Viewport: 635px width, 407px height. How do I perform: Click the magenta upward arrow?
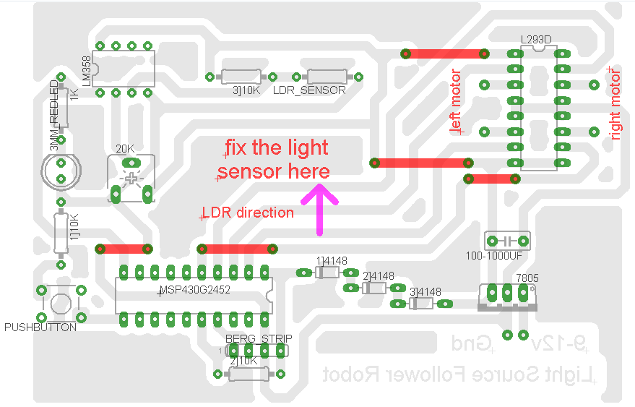click(319, 209)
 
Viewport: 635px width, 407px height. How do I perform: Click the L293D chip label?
click(535, 40)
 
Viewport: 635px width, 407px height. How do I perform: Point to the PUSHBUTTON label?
click(40, 327)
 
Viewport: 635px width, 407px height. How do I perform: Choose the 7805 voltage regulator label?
click(527, 278)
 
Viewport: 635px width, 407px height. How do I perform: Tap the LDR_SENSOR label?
click(309, 91)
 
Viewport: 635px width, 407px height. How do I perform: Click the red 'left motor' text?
click(455, 101)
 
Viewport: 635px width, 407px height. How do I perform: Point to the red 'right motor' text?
click(615, 103)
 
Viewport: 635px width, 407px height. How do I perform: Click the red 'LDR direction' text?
click(248, 213)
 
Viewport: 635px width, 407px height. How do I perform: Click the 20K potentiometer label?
click(125, 149)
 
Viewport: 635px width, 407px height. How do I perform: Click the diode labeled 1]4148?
click(327, 272)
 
